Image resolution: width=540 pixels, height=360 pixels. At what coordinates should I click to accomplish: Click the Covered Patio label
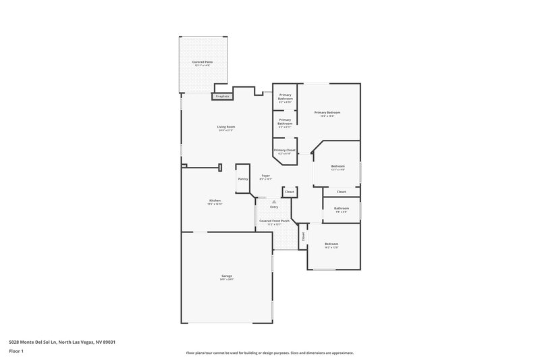[x=202, y=62]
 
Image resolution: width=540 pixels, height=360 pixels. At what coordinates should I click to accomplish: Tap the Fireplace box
[x=222, y=97]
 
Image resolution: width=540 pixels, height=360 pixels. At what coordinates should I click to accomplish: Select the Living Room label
[x=225, y=127]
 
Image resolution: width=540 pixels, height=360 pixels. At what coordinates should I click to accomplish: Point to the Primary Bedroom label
[x=327, y=112]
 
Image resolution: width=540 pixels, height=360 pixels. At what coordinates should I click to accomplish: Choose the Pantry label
[x=242, y=179]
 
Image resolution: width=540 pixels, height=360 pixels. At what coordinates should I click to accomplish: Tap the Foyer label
[x=266, y=176]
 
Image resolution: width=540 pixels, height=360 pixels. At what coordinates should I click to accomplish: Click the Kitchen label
[x=215, y=201]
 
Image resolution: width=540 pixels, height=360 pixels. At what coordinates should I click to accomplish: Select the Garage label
[x=227, y=276]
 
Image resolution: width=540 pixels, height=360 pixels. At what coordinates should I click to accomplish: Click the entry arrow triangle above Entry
[x=274, y=201]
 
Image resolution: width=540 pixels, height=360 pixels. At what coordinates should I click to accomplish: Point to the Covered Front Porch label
[x=275, y=221]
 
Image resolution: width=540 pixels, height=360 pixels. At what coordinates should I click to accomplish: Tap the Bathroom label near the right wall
[x=341, y=209]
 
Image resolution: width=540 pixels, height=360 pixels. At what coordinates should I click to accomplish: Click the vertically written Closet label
[x=303, y=236]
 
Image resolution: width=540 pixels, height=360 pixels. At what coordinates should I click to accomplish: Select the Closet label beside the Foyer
[x=289, y=192]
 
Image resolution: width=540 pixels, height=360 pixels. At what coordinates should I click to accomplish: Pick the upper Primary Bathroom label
[x=285, y=97]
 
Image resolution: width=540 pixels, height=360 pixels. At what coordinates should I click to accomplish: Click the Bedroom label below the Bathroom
[x=331, y=244]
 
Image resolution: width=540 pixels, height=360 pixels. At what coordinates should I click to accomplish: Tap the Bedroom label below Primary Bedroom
[x=337, y=166]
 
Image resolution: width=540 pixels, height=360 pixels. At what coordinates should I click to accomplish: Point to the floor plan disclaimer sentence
[x=270, y=353]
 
